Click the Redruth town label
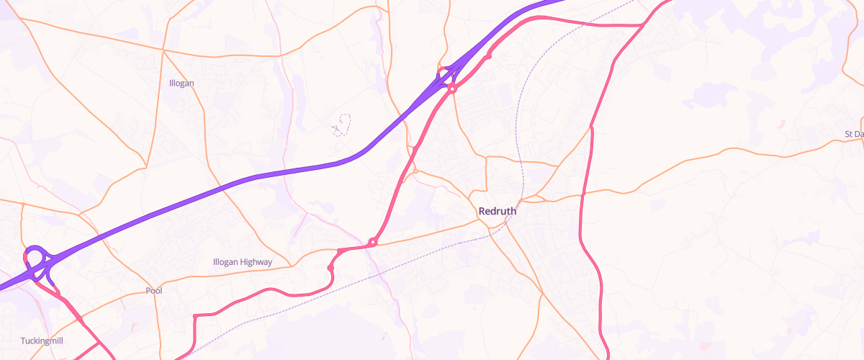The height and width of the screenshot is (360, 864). click(x=497, y=212)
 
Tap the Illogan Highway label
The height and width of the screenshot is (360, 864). click(x=243, y=262)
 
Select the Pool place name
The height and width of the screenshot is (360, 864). click(x=153, y=291)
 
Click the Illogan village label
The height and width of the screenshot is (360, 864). click(x=181, y=83)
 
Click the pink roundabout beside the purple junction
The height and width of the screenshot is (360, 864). click(x=452, y=88)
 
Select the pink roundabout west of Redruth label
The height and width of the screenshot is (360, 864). click(x=372, y=243)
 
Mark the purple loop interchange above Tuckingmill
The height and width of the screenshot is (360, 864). click(x=35, y=256)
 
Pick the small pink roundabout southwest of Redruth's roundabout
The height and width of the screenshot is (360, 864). click(x=330, y=268)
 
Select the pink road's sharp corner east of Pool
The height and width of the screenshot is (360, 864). click(x=195, y=316)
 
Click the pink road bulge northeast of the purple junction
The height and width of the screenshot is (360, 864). click(x=489, y=55)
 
